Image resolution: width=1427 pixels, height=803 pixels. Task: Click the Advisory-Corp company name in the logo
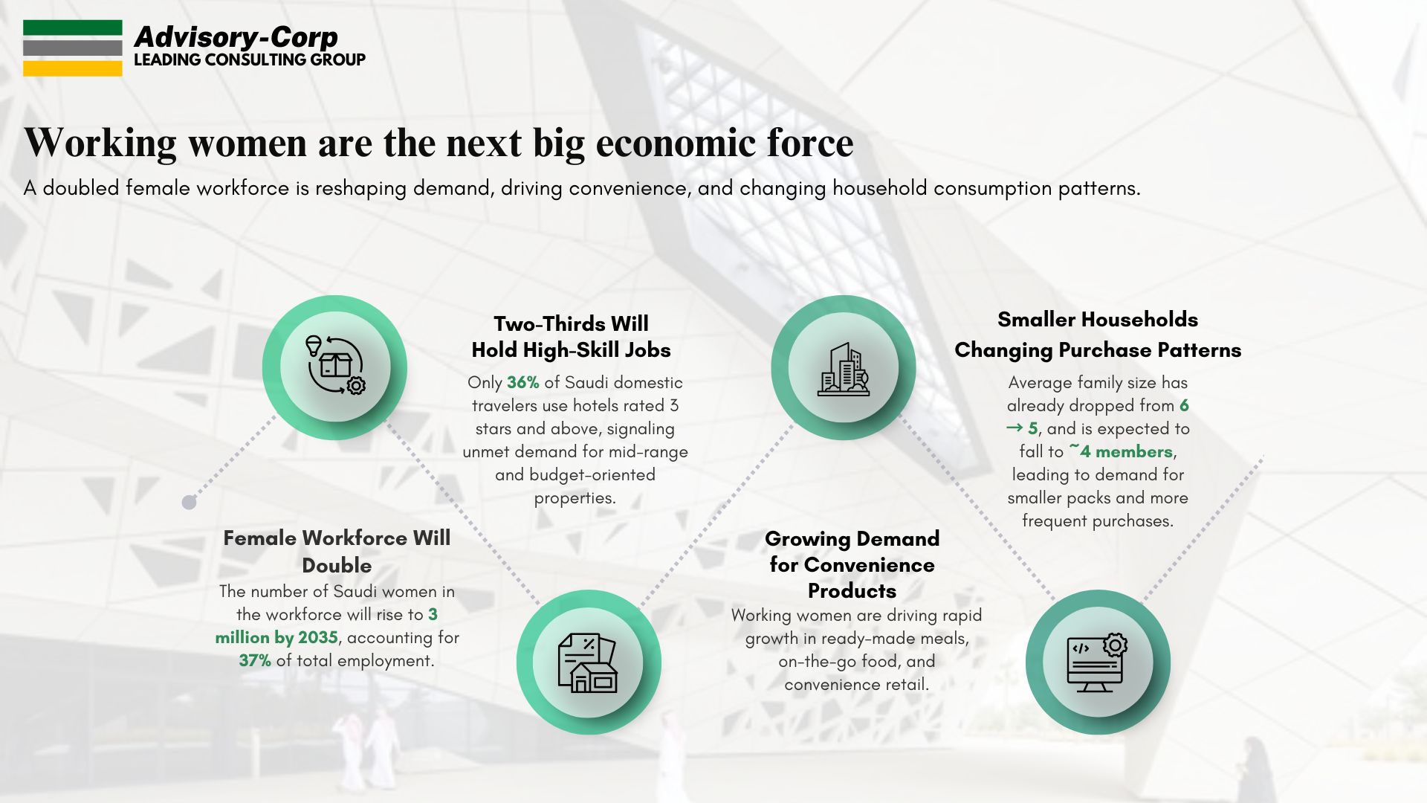pos(236,36)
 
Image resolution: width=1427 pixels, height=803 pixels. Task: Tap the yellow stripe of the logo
pos(72,68)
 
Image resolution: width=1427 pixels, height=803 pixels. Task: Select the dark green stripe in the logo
pos(72,28)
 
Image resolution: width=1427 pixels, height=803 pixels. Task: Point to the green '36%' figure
pos(522,382)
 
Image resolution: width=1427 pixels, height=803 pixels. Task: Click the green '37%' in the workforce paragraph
pos(254,660)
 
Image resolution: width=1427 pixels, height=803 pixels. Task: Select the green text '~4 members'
pos(1122,451)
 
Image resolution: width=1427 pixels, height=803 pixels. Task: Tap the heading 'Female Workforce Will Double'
pos(337,551)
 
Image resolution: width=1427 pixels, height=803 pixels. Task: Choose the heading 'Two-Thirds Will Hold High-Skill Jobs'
pos(571,337)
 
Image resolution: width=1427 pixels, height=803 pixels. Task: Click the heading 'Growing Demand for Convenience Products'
pos(852,564)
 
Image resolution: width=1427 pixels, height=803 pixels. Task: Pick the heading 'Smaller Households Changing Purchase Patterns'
pos(1098,335)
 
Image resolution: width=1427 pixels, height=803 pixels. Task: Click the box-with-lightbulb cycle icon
pos(335,365)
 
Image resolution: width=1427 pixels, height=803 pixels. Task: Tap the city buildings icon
pos(844,367)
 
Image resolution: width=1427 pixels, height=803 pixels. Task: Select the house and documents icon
pos(587,662)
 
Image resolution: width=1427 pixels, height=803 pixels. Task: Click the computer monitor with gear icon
pos(1097,662)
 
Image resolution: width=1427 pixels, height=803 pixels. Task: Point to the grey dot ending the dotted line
pos(189,503)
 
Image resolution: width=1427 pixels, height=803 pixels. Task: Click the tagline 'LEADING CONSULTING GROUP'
pos(250,59)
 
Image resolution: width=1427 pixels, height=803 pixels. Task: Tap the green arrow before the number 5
pos(1015,428)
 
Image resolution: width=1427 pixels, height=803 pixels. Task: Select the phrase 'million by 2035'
pos(276,637)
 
